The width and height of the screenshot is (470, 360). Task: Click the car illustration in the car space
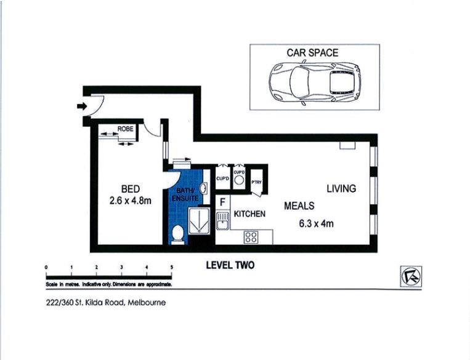[314, 83]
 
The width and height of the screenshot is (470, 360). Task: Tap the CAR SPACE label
[312, 53]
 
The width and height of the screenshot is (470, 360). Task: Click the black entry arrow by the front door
[81, 106]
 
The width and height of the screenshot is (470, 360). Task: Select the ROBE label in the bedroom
[126, 129]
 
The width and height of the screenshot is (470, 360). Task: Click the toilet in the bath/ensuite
[177, 233]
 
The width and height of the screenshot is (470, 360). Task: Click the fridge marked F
[222, 201]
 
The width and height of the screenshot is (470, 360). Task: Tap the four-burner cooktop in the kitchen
[251, 236]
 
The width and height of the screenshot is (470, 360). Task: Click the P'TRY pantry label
[257, 182]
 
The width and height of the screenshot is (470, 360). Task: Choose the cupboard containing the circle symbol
[239, 180]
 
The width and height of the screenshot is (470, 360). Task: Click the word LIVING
[341, 189]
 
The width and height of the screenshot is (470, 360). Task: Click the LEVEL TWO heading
[229, 265]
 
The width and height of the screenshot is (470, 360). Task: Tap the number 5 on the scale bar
[171, 267]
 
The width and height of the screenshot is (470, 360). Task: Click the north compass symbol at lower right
[410, 276]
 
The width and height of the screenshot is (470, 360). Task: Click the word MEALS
[299, 206]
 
